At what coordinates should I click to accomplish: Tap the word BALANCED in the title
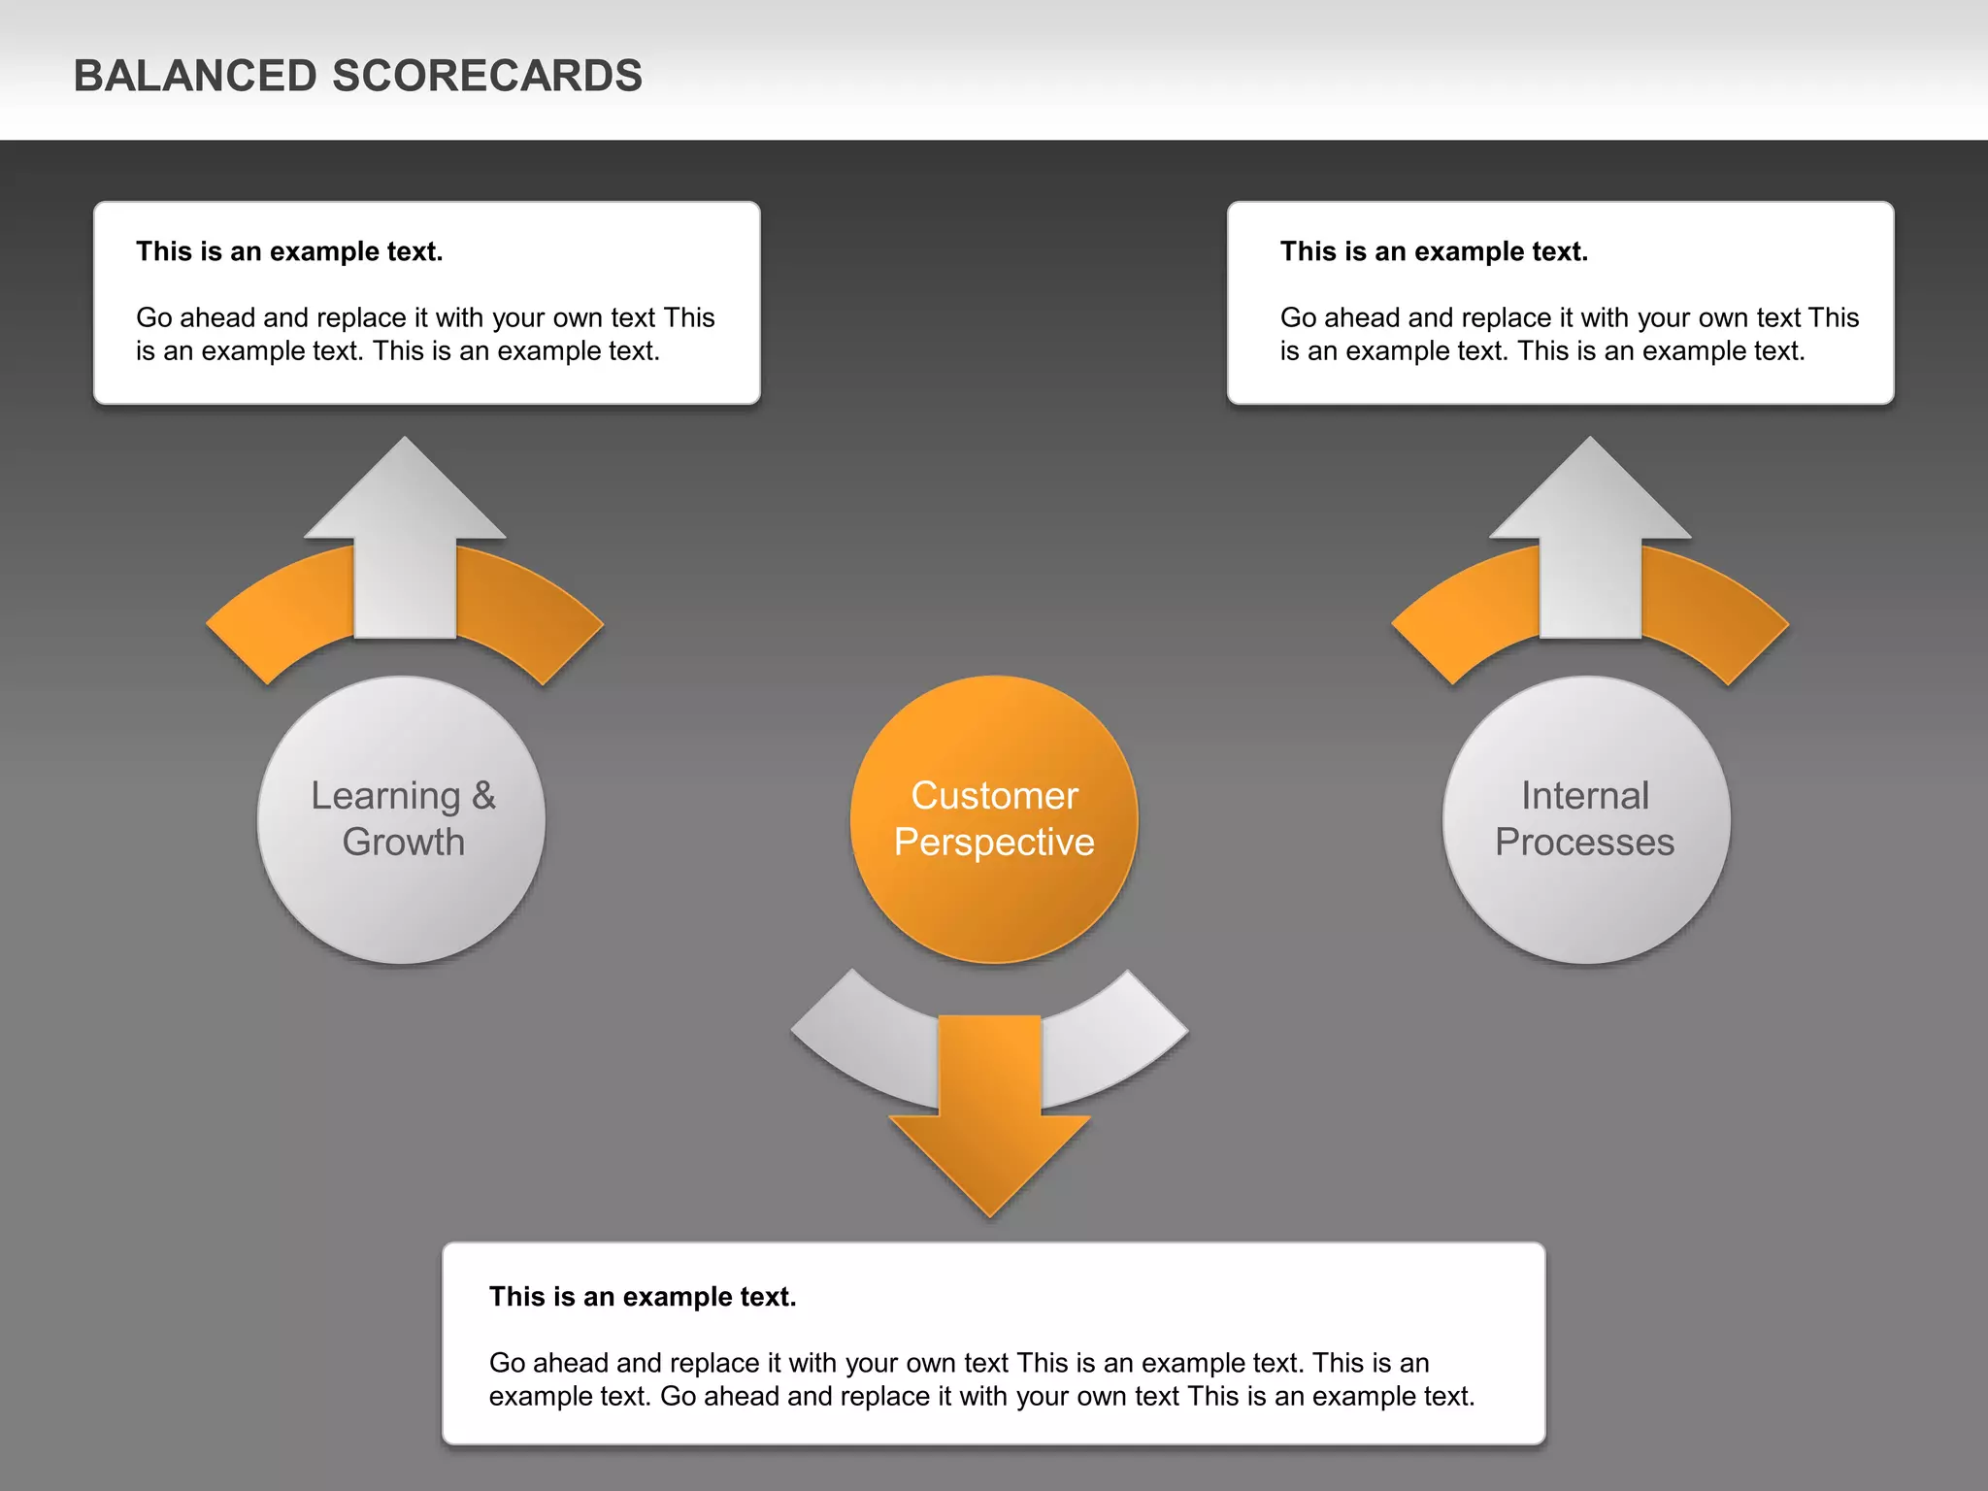pyautogui.click(x=195, y=76)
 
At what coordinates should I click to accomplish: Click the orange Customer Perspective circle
pyautogui.click(x=994, y=903)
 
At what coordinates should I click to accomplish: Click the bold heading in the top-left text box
pyautogui.click(x=289, y=251)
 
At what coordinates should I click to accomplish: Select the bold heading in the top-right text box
pyautogui.click(x=1434, y=251)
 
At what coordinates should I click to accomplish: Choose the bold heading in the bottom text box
pyautogui.click(x=643, y=1297)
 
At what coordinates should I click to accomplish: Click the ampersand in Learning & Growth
pyautogui.click(x=483, y=796)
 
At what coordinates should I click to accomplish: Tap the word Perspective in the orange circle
pyautogui.click(x=994, y=843)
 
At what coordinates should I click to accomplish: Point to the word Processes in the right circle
pyautogui.click(x=1584, y=843)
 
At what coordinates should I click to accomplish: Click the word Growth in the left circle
pyautogui.click(x=403, y=843)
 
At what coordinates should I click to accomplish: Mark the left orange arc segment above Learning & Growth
pyautogui.click(x=282, y=612)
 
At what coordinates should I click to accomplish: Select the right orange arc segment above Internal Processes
pyautogui.click(x=1713, y=612)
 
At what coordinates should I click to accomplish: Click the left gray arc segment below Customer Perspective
pyautogui.click(x=864, y=1039)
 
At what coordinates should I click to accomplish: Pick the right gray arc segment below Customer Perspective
pyautogui.click(x=1116, y=1039)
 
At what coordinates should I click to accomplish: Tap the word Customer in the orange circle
pyautogui.click(x=994, y=796)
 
